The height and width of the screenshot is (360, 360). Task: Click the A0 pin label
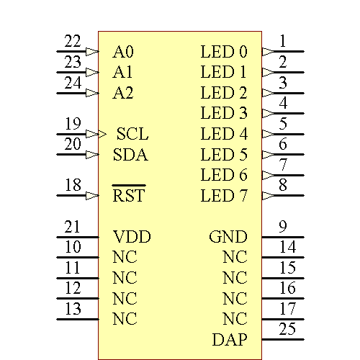coord(123,52)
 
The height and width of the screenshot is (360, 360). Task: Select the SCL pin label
coord(132,134)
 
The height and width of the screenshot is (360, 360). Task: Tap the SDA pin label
coord(130,155)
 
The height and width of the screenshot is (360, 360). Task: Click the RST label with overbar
coord(129,195)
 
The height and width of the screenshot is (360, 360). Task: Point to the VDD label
coord(132,237)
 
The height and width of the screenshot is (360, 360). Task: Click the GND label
coord(228,237)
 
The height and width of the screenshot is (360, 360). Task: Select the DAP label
coord(230,339)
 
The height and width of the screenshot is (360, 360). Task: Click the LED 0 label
coord(224,52)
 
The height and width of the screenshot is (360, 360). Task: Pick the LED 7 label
coord(224,195)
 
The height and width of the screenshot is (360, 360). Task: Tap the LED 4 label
coord(224,134)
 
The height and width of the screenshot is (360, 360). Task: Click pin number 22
coord(73,42)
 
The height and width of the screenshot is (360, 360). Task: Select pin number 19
coord(73,123)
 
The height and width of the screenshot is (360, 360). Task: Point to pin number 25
coord(287,329)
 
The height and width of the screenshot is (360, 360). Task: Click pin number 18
coord(73,185)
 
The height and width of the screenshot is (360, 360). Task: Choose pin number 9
coord(284,227)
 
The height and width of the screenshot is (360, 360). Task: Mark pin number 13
coord(73,309)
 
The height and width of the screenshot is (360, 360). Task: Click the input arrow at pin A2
coord(91,93)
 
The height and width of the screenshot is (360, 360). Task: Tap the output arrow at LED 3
coord(268,113)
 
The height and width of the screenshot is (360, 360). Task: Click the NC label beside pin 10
coord(125,257)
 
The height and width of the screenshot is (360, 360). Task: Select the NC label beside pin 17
coord(235,318)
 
